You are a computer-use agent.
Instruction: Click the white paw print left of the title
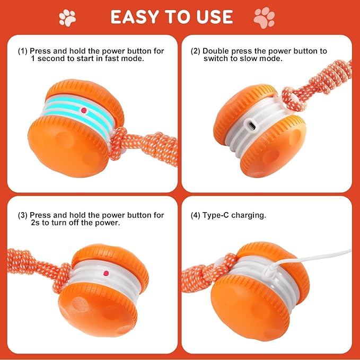coord(67,17)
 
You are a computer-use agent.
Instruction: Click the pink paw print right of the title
coord(264,17)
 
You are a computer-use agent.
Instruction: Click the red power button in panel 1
coord(83,110)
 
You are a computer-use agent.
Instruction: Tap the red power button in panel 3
coord(106,273)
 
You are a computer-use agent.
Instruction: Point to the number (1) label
coord(22,51)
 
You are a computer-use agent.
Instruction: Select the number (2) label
coord(195,51)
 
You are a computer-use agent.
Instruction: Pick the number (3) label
coord(22,215)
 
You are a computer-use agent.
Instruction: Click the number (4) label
coord(195,215)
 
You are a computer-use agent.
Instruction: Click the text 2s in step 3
coord(36,223)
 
